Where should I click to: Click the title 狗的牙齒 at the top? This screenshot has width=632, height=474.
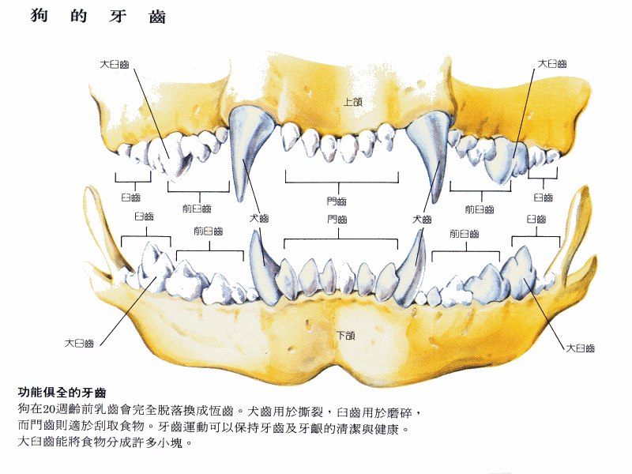click(98, 16)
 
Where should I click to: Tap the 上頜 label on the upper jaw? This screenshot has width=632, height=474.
click(352, 102)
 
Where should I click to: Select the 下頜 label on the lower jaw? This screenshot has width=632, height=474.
click(346, 335)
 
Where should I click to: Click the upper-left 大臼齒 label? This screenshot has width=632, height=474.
click(115, 65)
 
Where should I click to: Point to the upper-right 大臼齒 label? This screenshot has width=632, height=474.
click(552, 64)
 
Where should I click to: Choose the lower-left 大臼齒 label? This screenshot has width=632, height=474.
click(80, 344)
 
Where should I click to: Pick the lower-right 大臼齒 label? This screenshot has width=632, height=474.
click(581, 348)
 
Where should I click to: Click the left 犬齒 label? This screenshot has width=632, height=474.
click(259, 219)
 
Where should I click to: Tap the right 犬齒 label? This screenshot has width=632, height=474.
click(422, 220)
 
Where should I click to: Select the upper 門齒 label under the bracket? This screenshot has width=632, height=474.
click(337, 201)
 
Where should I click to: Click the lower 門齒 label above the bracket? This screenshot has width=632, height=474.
click(337, 220)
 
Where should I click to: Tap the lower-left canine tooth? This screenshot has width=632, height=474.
click(261, 268)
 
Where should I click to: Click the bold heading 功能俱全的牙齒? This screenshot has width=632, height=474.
click(62, 392)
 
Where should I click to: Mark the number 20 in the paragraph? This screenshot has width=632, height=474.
click(48, 409)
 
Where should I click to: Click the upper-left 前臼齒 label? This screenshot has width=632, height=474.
click(197, 209)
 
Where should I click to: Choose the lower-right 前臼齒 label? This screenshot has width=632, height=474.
click(464, 234)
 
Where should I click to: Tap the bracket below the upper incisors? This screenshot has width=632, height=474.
click(342, 182)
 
